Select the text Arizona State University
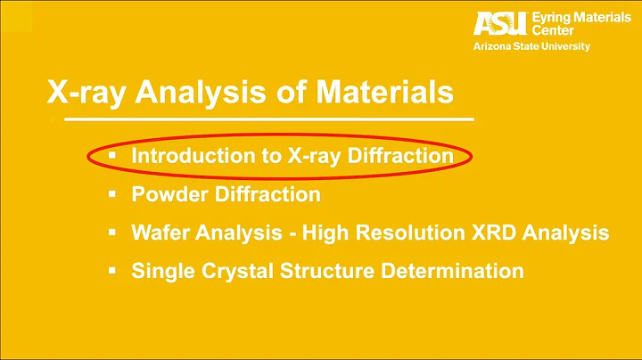(531, 46)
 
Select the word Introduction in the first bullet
(185, 155)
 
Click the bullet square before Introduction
(112, 155)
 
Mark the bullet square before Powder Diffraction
(112, 193)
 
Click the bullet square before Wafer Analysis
(112, 233)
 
